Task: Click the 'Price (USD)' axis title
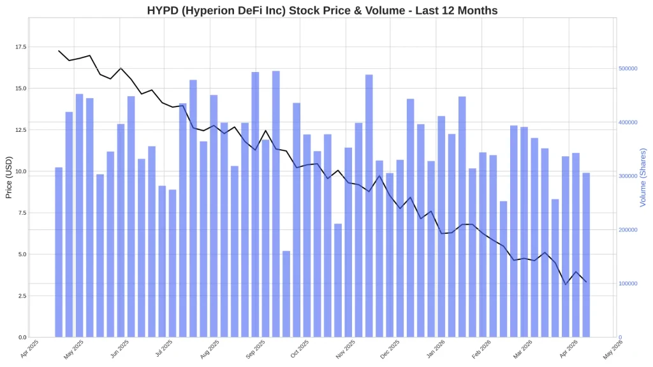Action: pyautogui.click(x=9, y=177)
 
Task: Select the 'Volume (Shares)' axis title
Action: pyautogui.click(x=643, y=177)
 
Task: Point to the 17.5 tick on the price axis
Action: pyautogui.click(x=20, y=47)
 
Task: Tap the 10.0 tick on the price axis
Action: pyautogui.click(x=20, y=171)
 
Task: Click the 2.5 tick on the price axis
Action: pyautogui.click(x=22, y=296)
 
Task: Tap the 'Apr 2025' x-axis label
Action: pyautogui.click(x=29, y=349)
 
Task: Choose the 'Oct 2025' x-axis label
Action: pyautogui.click(x=299, y=349)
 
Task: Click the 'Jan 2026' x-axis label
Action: pyautogui.click(x=434, y=349)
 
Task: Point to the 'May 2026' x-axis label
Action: pyautogui.click(x=613, y=349)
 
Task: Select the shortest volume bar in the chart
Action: pyautogui.click(x=286, y=294)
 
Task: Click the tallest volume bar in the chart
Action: pyautogui.click(x=276, y=204)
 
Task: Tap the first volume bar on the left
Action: pyautogui.click(x=59, y=252)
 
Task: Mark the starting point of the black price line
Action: pyautogui.click(x=59, y=51)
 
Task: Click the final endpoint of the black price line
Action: pyautogui.click(x=586, y=282)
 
